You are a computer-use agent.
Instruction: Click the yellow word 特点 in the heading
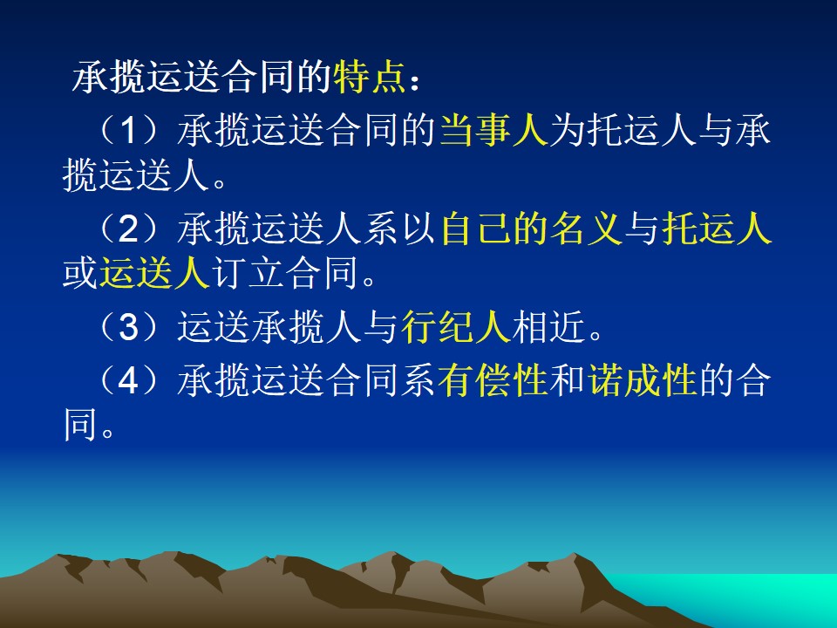pyautogui.click(x=369, y=77)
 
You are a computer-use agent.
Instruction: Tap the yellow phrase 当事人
pyautogui.click(x=494, y=130)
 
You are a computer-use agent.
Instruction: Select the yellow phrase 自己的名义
pyautogui.click(x=532, y=229)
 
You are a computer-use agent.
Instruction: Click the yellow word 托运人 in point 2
pyautogui.click(x=717, y=229)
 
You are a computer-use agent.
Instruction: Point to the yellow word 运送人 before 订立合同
pyautogui.click(x=154, y=273)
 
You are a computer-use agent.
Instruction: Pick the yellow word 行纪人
pyautogui.click(x=457, y=326)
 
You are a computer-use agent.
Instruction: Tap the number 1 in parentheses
pyautogui.click(x=129, y=130)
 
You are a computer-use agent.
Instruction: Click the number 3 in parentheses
pyautogui.click(x=129, y=327)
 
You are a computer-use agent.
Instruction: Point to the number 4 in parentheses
pyautogui.click(x=129, y=381)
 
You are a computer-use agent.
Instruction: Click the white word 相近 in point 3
pyautogui.click(x=549, y=326)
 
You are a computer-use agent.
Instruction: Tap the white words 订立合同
pyautogui.click(x=284, y=273)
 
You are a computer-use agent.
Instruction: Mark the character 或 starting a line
pyautogui.click(x=80, y=273)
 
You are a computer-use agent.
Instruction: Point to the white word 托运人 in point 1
pyautogui.click(x=642, y=130)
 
